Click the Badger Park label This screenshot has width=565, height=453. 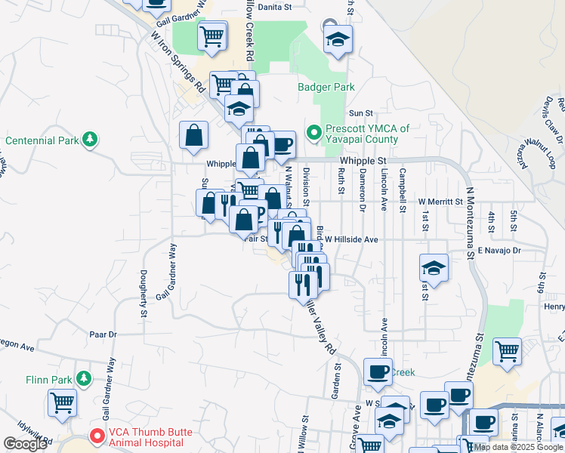click(x=326, y=87)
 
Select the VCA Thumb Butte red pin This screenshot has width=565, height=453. click(x=97, y=436)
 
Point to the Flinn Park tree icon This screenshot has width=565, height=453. click(x=85, y=377)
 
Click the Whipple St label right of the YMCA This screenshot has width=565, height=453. click(x=363, y=161)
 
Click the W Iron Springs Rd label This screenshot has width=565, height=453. click(x=178, y=62)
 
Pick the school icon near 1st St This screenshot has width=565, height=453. click(x=434, y=267)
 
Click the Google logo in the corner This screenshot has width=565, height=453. click(x=25, y=443)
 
